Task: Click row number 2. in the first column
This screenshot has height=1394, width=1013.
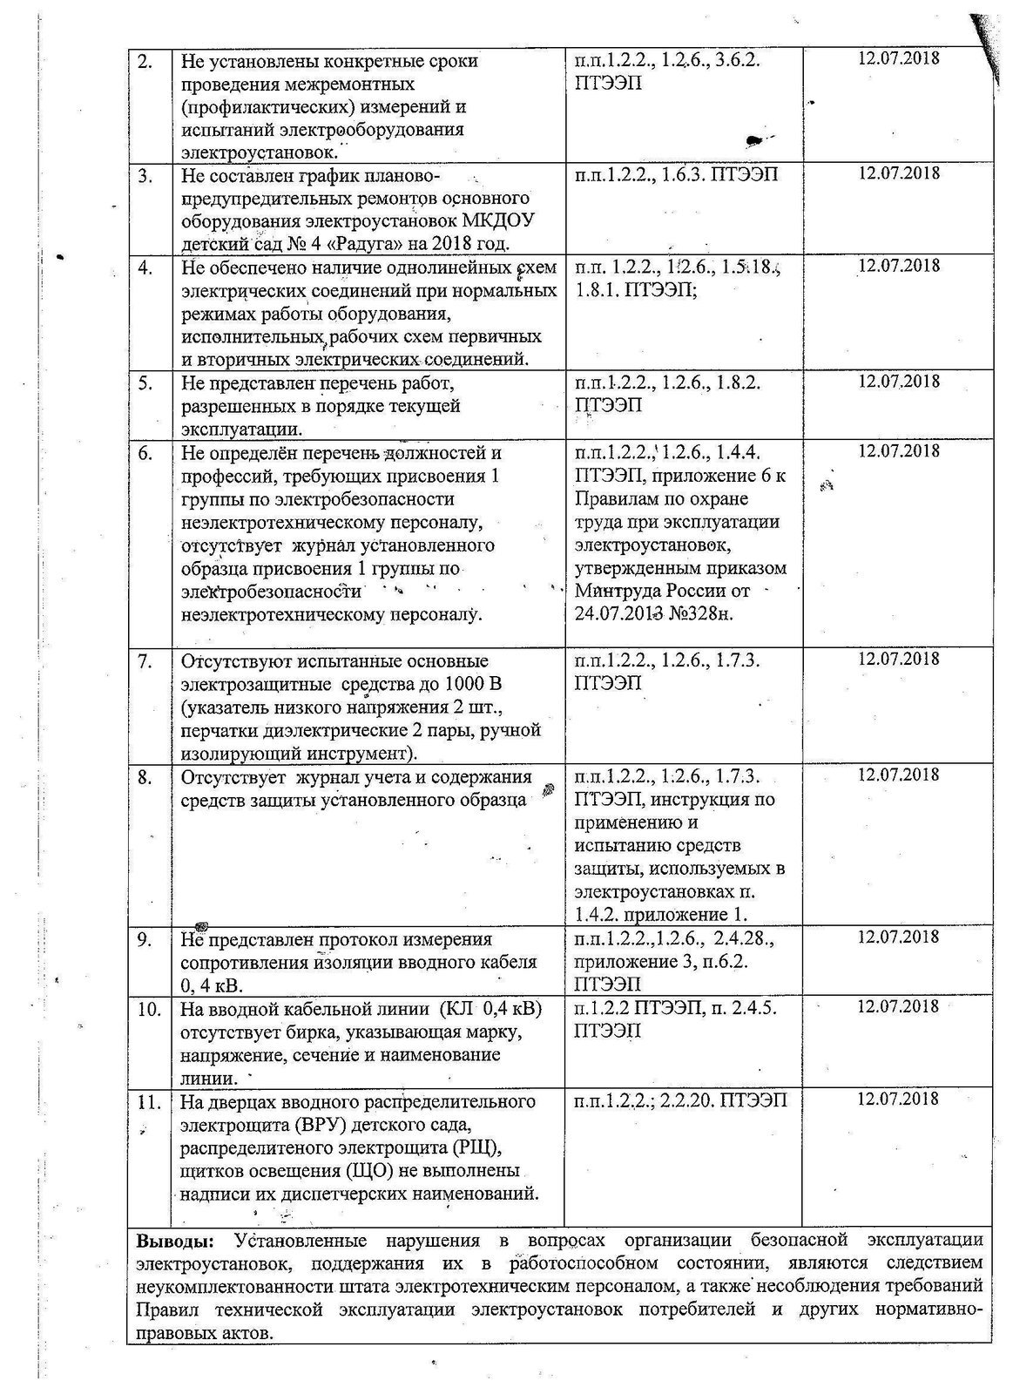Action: [145, 62]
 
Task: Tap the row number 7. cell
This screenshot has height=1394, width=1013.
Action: [145, 660]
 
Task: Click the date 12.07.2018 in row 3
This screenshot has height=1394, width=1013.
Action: [899, 173]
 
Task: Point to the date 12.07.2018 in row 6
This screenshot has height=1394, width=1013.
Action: [899, 450]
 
